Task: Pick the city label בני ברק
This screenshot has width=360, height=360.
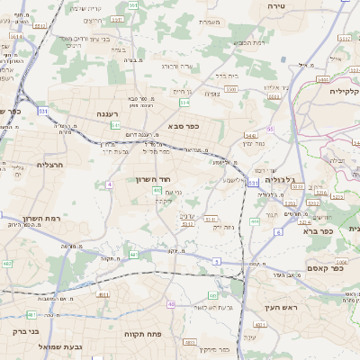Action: coord(27,331)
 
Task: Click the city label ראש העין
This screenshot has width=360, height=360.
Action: coord(280,309)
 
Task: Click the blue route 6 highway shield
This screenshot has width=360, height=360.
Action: coord(278,232)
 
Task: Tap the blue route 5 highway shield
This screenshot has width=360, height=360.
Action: coord(216,261)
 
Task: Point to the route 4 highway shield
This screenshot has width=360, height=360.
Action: coord(109,184)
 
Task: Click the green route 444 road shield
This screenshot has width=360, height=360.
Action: coord(255,220)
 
